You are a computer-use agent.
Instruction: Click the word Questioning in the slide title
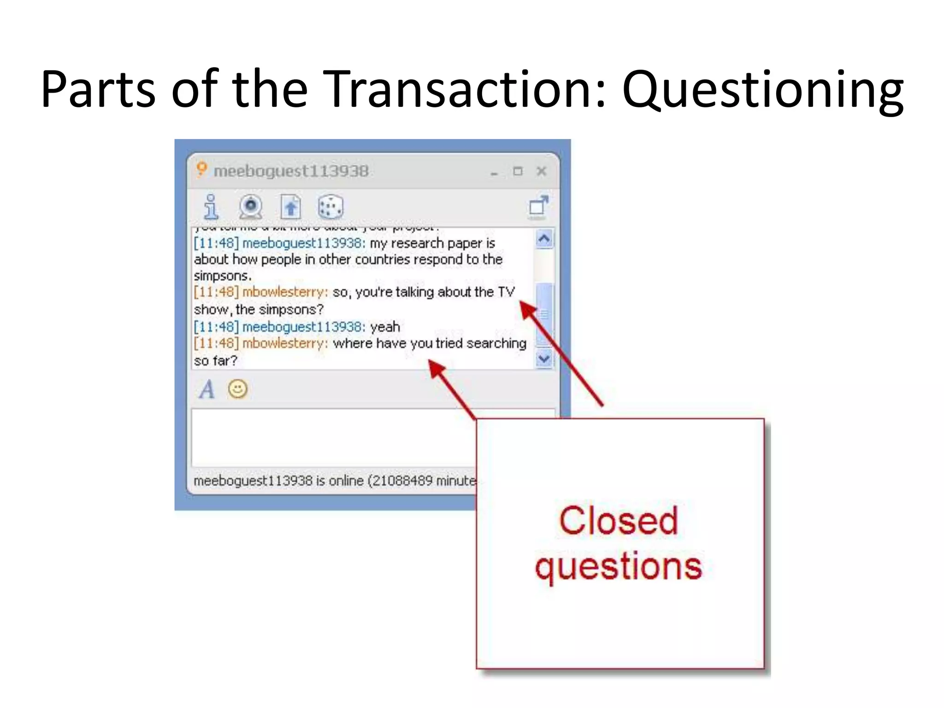(763, 90)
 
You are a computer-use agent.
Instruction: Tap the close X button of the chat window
(542, 171)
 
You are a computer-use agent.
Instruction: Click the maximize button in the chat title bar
(518, 171)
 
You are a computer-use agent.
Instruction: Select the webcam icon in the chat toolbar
(251, 206)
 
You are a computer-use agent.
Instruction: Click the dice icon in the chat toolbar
(330, 206)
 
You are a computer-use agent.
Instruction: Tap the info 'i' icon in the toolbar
(211, 206)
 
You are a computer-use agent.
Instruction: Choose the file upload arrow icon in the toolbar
(290, 206)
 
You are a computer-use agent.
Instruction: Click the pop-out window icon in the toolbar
(538, 206)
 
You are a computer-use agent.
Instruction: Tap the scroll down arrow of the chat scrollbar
(544, 358)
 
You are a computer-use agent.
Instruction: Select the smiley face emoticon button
(238, 389)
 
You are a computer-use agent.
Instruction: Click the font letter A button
(207, 389)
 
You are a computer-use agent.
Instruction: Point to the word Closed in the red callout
(619, 521)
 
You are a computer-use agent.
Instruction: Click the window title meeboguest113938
(291, 171)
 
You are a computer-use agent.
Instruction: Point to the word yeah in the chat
(385, 327)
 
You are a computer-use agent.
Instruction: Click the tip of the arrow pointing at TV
(521, 302)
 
